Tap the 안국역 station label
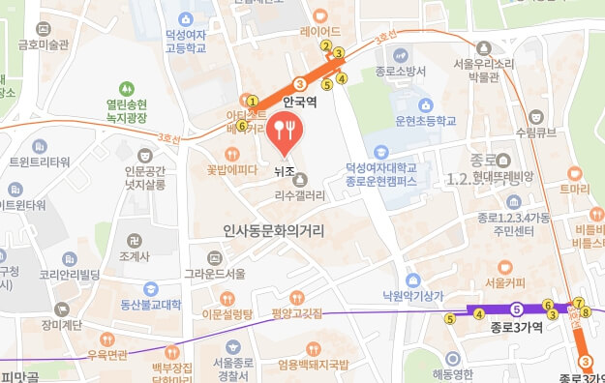coord(301,101)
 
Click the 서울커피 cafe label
coord(504,282)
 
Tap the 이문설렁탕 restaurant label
coord(226,314)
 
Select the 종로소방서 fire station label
coord(401,71)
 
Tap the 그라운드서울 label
coord(215,273)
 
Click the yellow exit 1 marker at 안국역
coord(253,101)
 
